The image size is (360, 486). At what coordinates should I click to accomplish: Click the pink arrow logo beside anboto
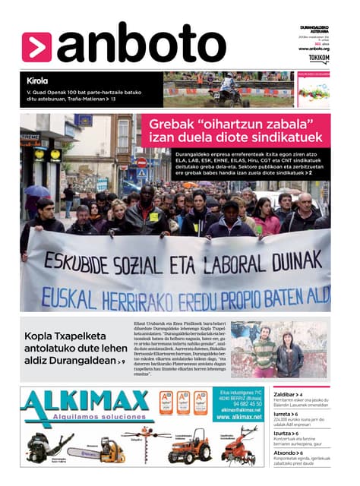37,46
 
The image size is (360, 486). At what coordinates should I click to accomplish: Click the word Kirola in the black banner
37,80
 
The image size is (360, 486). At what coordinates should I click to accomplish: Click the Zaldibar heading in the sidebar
286,395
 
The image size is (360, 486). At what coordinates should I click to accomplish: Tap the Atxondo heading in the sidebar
286,453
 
